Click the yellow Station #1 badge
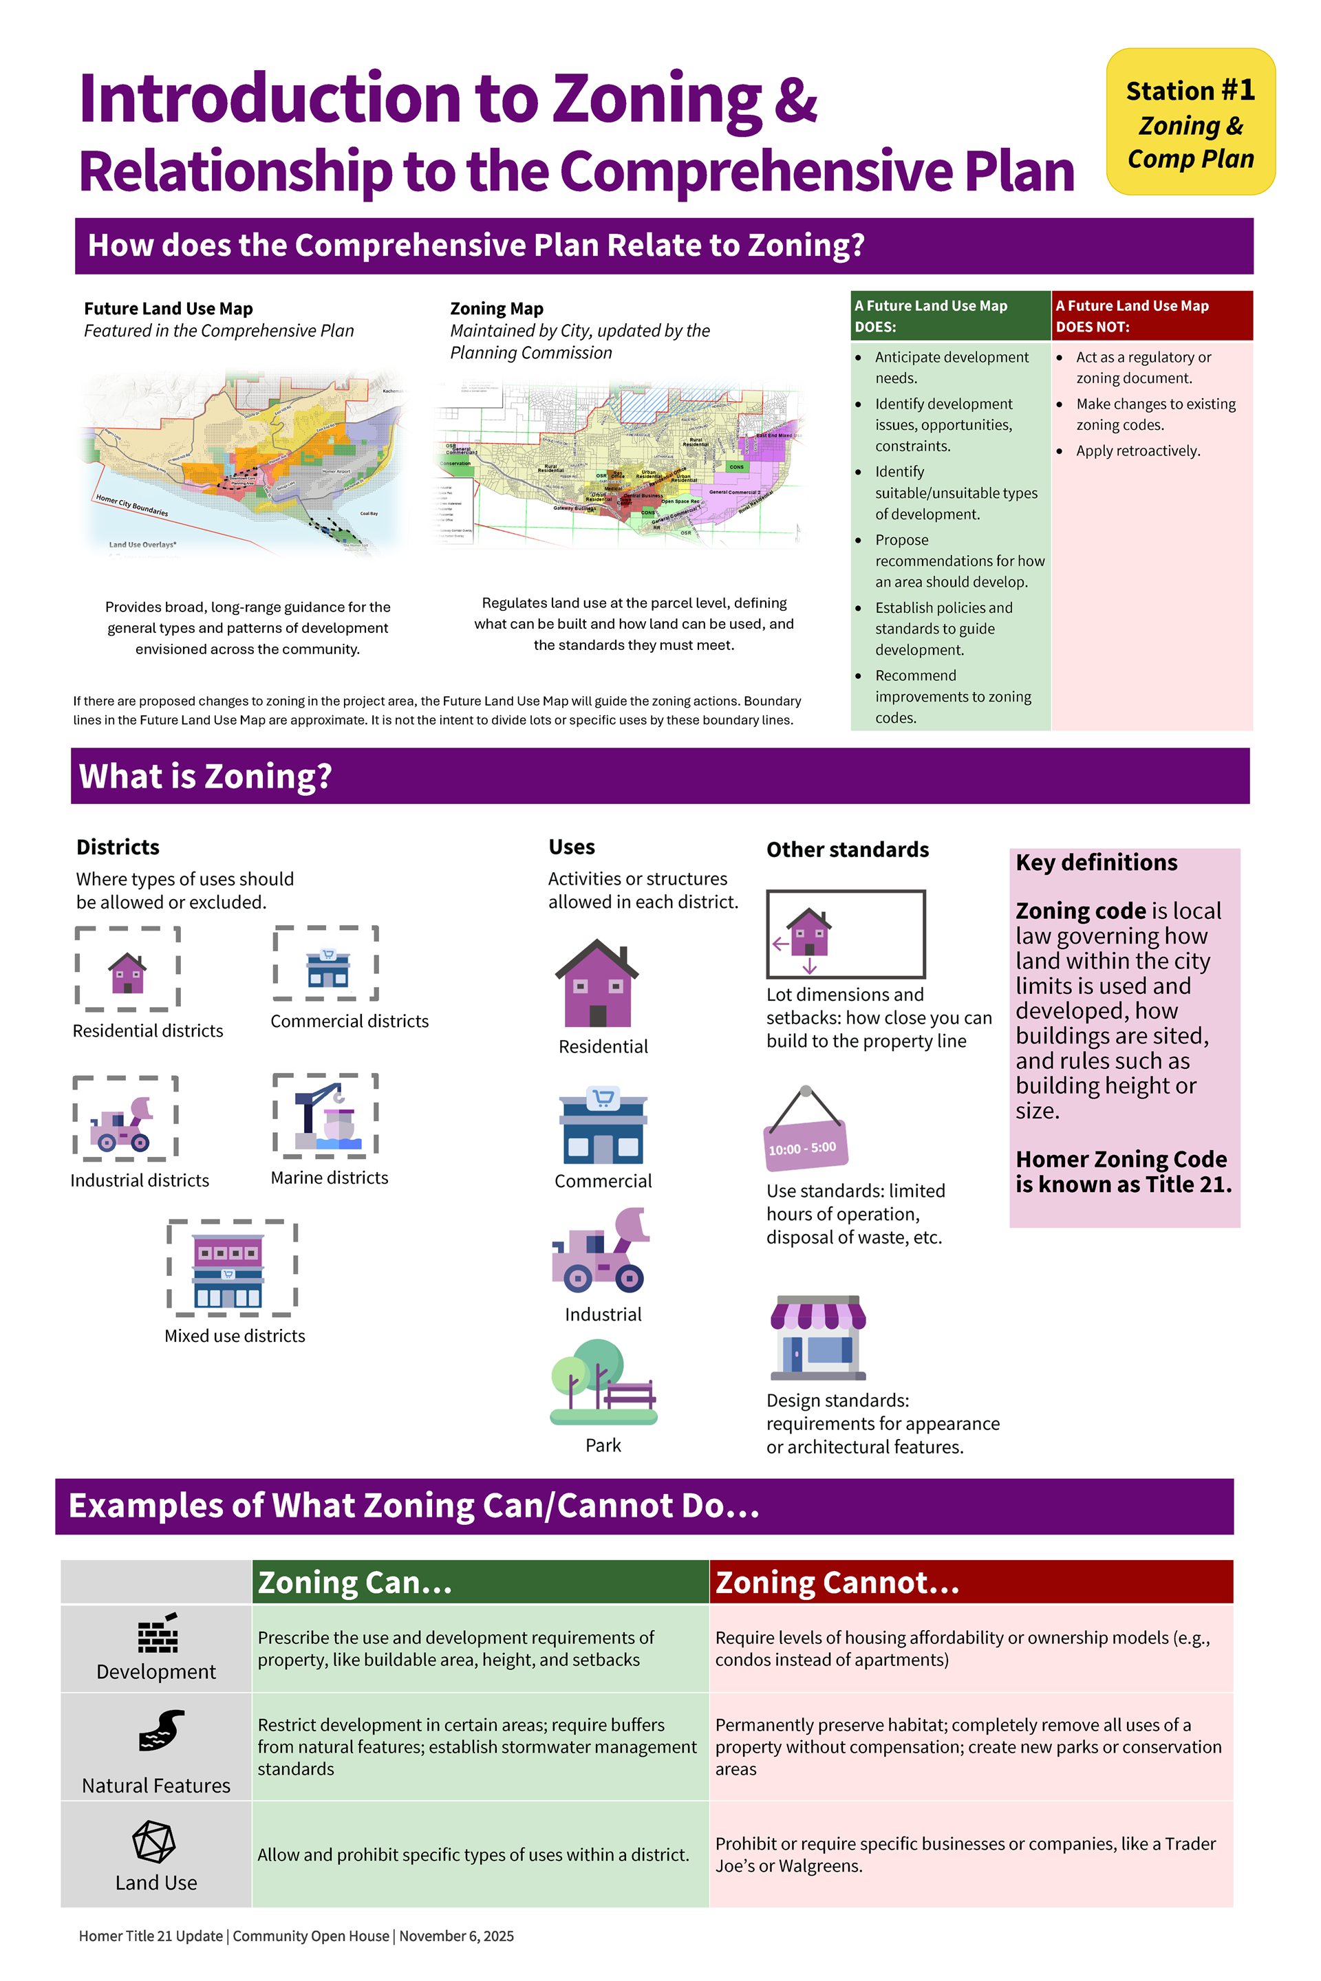pos(1190,122)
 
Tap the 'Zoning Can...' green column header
pos(480,1582)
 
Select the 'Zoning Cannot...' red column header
pos(971,1582)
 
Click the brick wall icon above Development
pos(158,1634)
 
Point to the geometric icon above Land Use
pos(154,1841)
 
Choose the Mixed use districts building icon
pos(228,1270)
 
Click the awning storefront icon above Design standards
pos(817,1337)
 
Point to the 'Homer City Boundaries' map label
pos(132,506)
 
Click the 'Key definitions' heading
pos(1096,863)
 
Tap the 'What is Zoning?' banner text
pos(206,776)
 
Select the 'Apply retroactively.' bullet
pos(1137,451)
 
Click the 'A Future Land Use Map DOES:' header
pos(949,316)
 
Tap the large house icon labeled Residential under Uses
pos(597,983)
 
